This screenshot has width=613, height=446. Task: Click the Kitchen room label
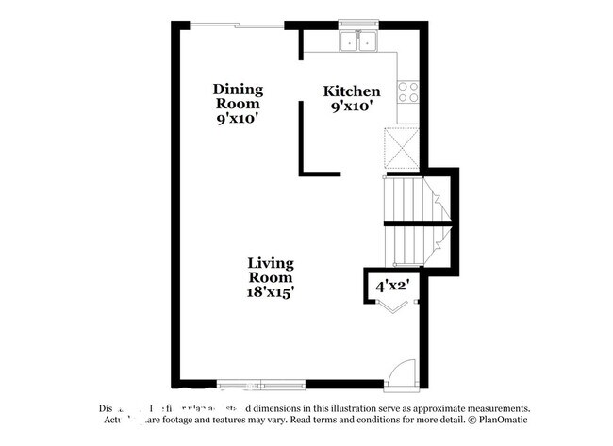[x=352, y=91]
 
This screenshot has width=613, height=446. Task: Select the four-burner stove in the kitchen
[x=408, y=91]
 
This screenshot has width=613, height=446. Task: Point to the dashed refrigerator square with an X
[x=400, y=147]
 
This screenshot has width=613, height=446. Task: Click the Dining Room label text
[x=238, y=96]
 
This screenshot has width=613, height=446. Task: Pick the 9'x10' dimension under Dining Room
[x=238, y=119]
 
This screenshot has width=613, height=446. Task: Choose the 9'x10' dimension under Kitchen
[x=352, y=107]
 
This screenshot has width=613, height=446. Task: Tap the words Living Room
[x=271, y=271]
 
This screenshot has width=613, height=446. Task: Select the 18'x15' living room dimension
[x=271, y=292]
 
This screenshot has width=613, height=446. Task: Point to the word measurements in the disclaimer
[x=494, y=409]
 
